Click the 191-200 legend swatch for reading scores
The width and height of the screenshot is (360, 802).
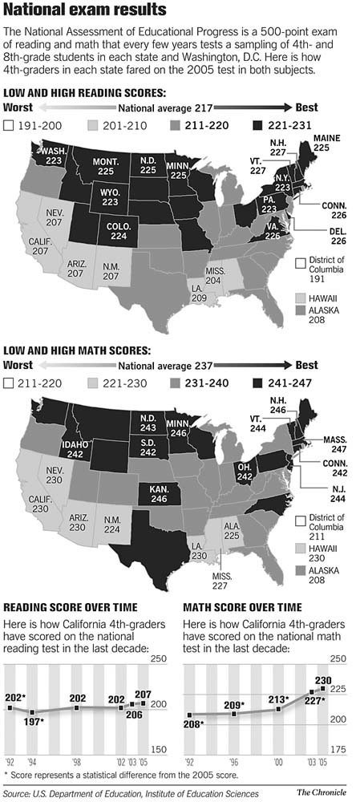point(9,125)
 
